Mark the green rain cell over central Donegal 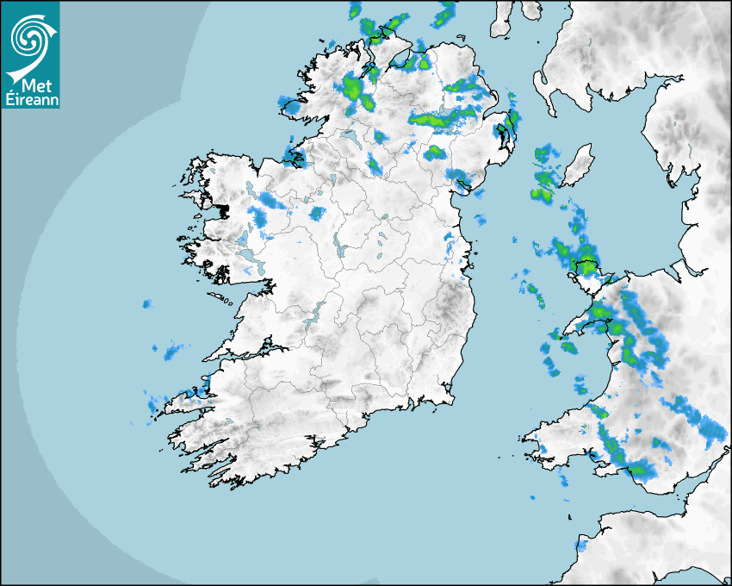pyautogui.click(x=351, y=86)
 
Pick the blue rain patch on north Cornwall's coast pyautogui.click(x=580, y=545)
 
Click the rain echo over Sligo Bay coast pyautogui.click(x=293, y=157)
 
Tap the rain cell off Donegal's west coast pyautogui.click(x=292, y=107)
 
